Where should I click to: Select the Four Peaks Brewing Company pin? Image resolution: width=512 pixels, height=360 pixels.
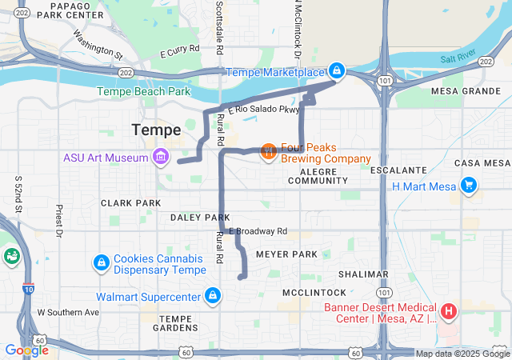pyautogui.click(x=269, y=150)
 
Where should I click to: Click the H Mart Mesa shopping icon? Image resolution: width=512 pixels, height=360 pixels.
pyautogui.click(x=468, y=186)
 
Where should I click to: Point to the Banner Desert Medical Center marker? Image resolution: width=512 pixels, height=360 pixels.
pyautogui.click(x=449, y=310)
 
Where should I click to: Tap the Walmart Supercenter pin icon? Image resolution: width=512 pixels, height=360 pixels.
pyautogui.click(x=212, y=297)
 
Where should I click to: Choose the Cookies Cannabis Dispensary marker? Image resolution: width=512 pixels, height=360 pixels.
pyautogui.click(x=102, y=262)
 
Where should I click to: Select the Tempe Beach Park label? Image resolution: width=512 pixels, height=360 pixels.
pyautogui.click(x=144, y=92)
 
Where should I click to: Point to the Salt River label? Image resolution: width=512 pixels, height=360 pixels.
pyautogui.click(x=458, y=58)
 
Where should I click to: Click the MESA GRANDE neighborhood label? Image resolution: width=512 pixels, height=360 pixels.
pyautogui.click(x=465, y=91)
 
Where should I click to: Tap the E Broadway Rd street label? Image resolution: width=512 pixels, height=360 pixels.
pyautogui.click(x=258, y=231)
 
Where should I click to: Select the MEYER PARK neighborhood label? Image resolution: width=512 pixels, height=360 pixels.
pyautogui.click(x=286, y=254)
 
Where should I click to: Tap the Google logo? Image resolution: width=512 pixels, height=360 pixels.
pyautogui.click(x=26, y=350)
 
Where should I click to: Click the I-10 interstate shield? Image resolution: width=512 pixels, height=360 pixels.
pyautogui.click(x=28, y=289)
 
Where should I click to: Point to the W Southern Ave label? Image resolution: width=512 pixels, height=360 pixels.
pyautogui.click(x=68, y=312)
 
